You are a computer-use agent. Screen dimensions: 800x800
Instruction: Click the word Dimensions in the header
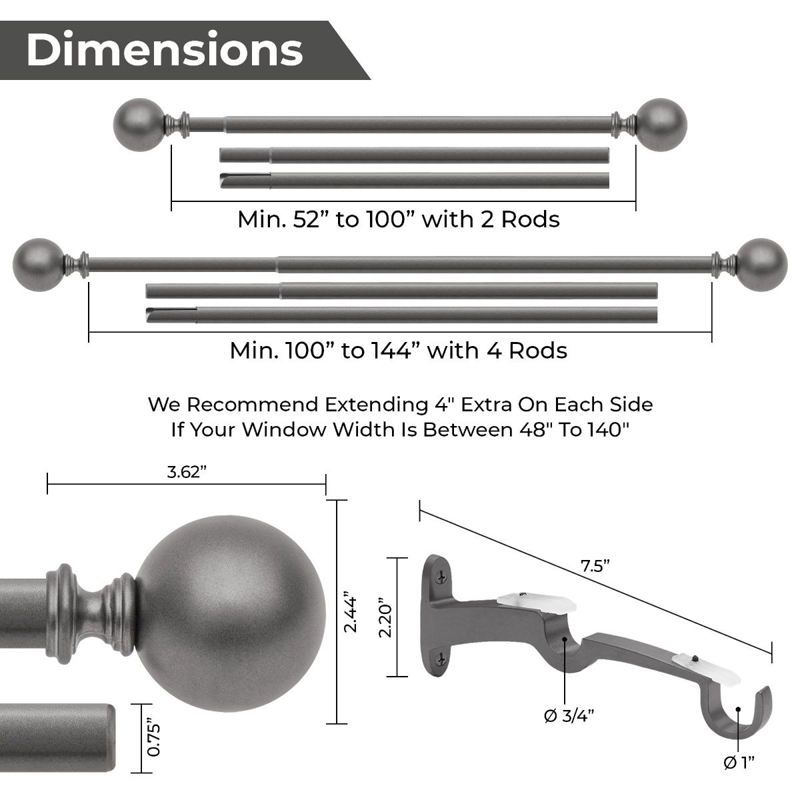(x=164, y=50)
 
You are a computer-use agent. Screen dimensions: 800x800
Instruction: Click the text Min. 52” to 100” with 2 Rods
(x=399, y=219)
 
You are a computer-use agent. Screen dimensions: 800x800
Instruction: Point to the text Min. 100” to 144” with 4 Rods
(x=399, y=351)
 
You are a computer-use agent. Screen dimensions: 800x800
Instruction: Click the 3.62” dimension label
(x=187, y=473)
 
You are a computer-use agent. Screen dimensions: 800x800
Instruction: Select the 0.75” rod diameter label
(x=153, y=737)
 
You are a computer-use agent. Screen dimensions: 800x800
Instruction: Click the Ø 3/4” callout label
(x=569, y=716)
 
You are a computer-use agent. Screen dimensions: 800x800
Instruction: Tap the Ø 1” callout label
(x=739, y=762)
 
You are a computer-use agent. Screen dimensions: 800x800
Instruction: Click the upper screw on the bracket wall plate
(x=441, y=572)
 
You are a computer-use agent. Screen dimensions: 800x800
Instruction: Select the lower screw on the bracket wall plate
(x=441, y=660)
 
